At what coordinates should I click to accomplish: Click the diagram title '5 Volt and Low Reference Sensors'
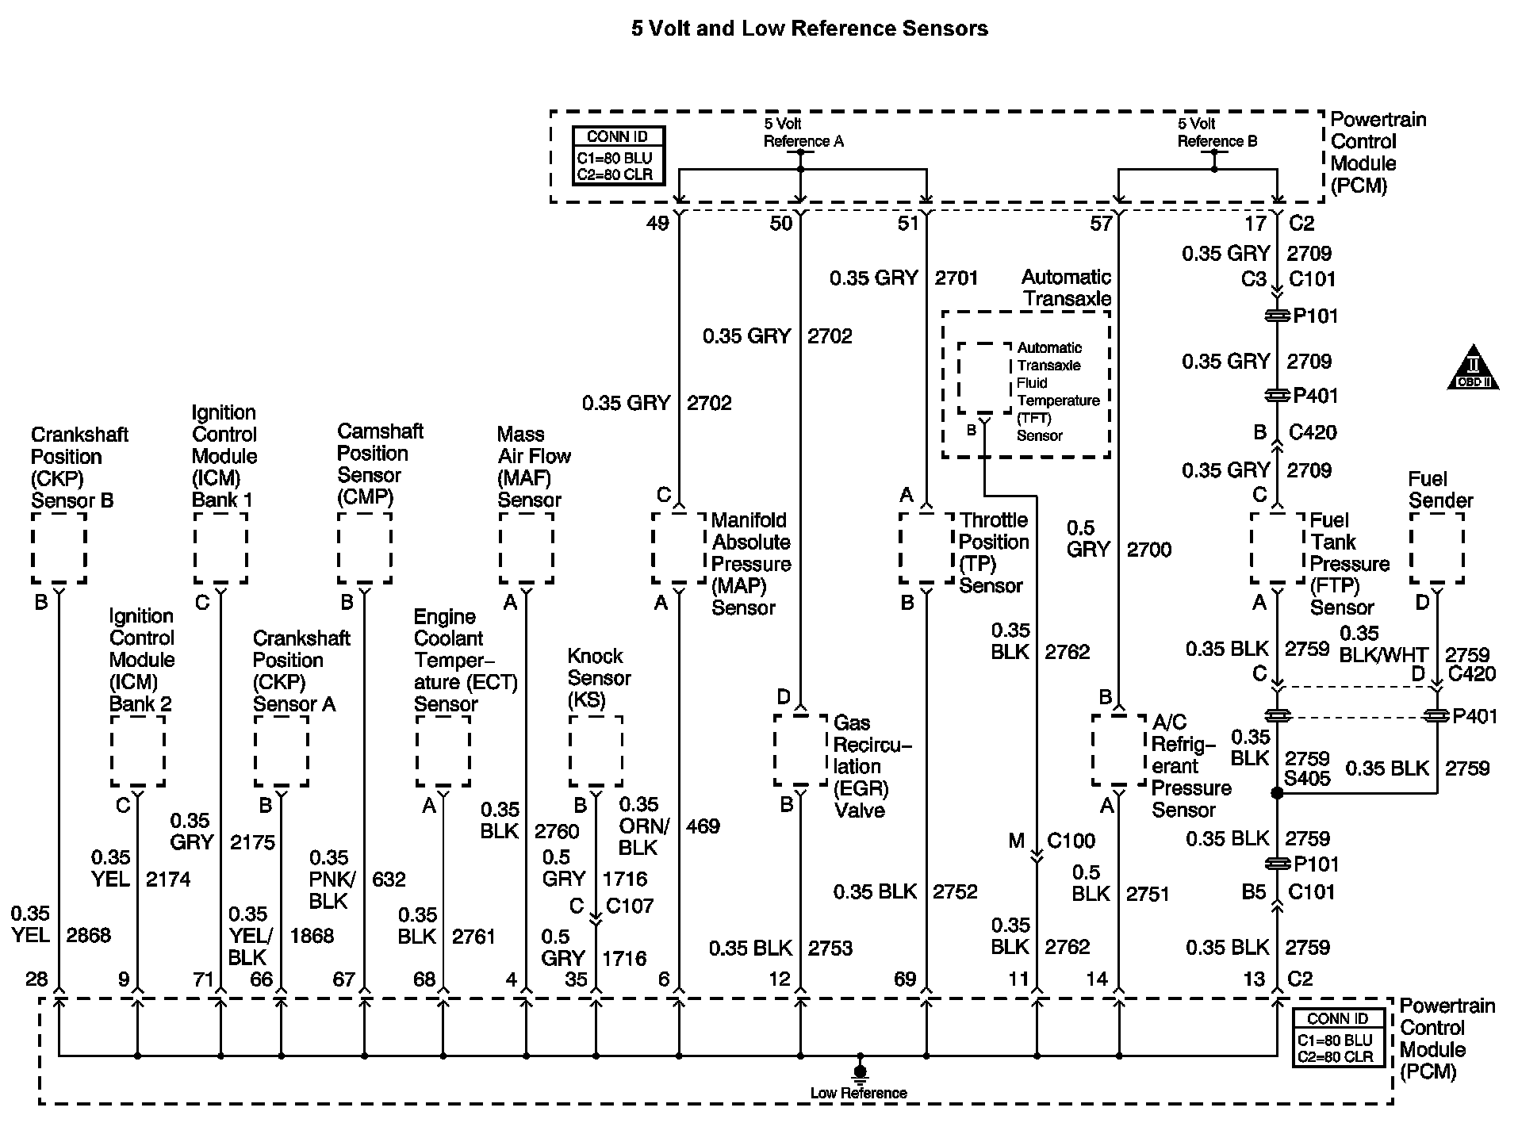pyautogui.click(x=809, y=29)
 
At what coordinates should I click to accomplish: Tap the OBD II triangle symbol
pyautogui.click(x=1473, y=368)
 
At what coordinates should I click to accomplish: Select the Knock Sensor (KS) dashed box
pyautogui.click(x=596, y=751)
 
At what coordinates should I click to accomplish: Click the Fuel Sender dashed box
pyautogui.click(x=1436, y=548)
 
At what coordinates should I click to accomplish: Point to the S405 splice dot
pyautogui.click(x=1277, y=793)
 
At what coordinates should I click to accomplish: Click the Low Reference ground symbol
pyautogui.click(x=859, y=1072)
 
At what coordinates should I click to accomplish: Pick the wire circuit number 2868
pyautogui.click(x=88, y=935)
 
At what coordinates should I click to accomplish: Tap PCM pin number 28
pyautogui.click(x=36, y=979)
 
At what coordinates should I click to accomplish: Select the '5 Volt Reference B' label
pyautogui.click(x=1217, y=132)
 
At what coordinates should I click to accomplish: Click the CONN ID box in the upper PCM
pyautogui.click(x=619, y=156)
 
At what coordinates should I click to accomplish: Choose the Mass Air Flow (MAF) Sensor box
pyautogui.click(x=527, y=548)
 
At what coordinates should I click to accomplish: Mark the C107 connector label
pyautogui.click(x=630, y=905)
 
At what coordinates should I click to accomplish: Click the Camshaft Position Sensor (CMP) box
pyautogui.click(x=365, y=548)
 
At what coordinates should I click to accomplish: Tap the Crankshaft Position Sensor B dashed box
pyautogui.click(x=59, y=548)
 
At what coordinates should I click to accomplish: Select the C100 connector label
pyautogui.click(x=1071, y=840)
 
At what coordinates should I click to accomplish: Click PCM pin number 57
pyautogui.click(x=1100, y=223)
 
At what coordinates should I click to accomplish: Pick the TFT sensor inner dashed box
pyautogui.click(x=984, y=378)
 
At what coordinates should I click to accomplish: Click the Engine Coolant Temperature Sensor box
pyautogui.click(x=443, y=751)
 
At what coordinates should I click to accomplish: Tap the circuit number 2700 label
pyautogui.click(x=1149, y=549)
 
